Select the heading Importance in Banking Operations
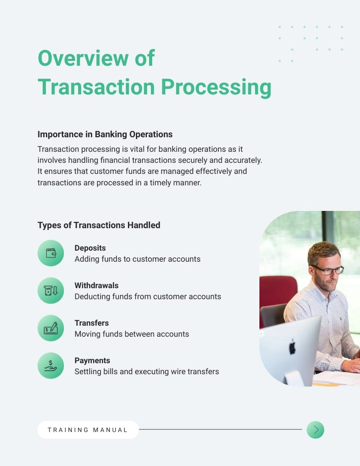point(105,134)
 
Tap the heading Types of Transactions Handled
point(99,225)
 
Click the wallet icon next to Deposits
point(51,253)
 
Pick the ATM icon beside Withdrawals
point(51,291)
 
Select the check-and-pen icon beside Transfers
point(51,328)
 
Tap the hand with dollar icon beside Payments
point(51,366)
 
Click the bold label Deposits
point(90,248)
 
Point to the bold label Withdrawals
point(96,286)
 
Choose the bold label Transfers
point(91,323)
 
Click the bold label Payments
point(92,361)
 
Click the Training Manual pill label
point(88,430)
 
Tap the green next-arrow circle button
point(315,430)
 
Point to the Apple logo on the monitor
point(292,348)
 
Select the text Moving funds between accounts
point(131,334)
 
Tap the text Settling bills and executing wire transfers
point(146,372)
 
